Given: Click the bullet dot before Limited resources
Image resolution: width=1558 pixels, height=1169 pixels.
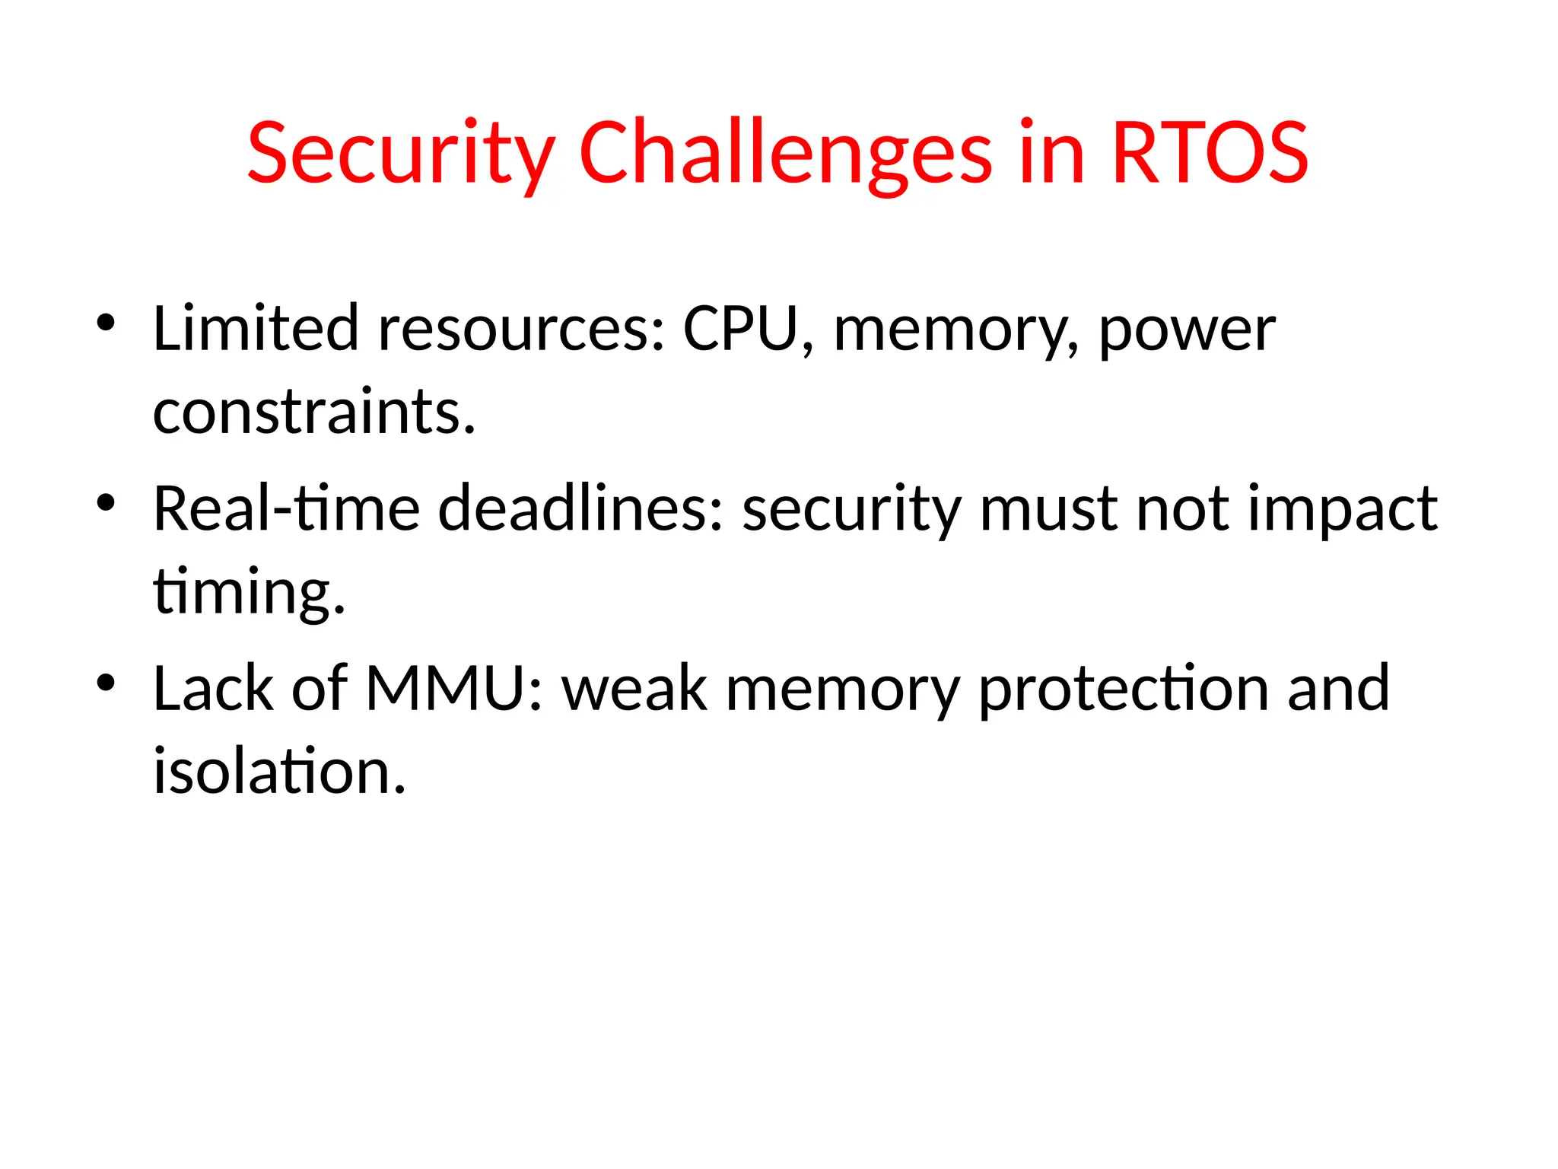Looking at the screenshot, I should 106,323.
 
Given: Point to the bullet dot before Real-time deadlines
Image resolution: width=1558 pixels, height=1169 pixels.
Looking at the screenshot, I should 106,502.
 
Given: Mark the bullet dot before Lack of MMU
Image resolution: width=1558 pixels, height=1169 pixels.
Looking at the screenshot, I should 106,682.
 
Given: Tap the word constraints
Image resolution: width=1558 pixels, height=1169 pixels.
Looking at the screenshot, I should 313,412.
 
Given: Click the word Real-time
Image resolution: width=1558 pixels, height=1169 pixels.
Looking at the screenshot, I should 286,508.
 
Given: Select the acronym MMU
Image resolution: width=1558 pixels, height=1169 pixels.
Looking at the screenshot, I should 453,689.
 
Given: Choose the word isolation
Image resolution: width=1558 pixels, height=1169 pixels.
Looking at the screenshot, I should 278,772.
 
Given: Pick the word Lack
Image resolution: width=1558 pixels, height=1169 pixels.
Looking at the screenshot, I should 213,689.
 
